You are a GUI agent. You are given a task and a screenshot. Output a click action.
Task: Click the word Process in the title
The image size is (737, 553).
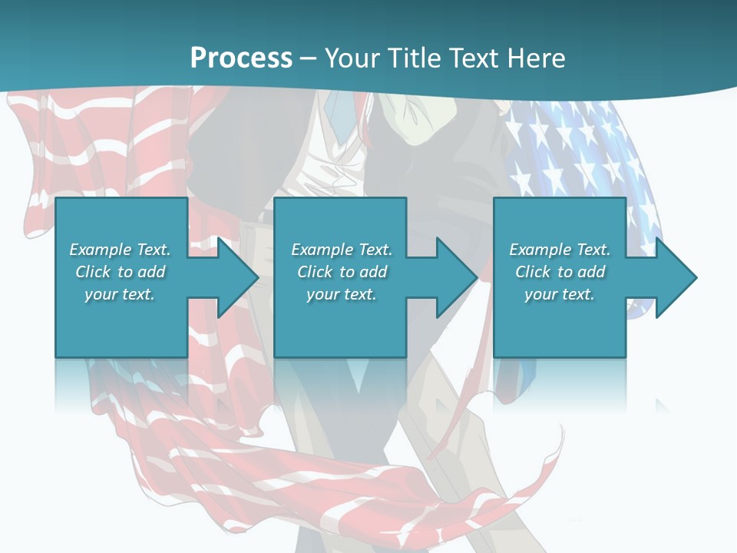click(241, 58)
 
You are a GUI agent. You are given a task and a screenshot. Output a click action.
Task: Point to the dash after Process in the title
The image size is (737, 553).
click(308, 58)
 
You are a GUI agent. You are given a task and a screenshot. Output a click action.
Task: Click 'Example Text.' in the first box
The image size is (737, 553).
click(121, 250)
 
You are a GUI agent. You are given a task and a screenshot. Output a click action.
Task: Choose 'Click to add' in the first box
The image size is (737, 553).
click(121, 272)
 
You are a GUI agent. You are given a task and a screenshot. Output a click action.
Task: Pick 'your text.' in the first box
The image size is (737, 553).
click(121, 294)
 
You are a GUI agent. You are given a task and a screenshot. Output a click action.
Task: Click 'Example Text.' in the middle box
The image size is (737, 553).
click(342, 250)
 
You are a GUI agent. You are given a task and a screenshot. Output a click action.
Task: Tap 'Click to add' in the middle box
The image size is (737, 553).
click(342, 272)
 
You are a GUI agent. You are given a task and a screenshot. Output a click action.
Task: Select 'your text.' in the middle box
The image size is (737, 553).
click(342, 294)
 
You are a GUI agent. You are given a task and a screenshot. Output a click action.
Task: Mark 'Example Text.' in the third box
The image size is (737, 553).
click(560, 250)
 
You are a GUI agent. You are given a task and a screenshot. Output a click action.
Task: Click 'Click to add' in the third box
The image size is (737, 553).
click(560, 272)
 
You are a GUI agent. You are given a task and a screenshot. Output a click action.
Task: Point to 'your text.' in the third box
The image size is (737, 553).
click(560, 294)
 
